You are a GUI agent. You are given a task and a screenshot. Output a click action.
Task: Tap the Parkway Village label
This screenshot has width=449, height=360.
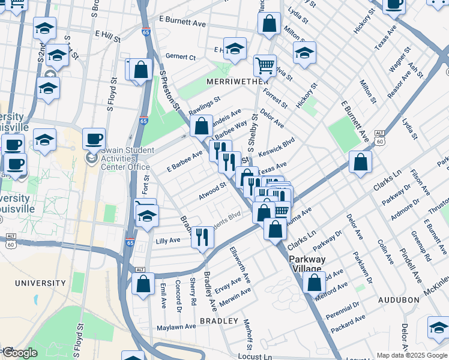point(307,264)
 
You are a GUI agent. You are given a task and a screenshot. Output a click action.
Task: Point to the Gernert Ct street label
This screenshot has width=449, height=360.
point(182,57)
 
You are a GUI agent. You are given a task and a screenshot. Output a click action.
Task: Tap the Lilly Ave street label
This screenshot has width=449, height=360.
point(168,240)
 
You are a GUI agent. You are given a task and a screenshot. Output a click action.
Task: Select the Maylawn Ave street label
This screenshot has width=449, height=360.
point(176,328)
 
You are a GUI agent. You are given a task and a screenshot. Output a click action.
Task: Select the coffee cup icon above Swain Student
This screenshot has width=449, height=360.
point(94,139)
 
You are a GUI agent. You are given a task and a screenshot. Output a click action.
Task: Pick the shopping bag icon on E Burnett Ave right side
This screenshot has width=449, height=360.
point(360,162)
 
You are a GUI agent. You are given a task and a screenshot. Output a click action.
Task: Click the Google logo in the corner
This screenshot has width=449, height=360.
point(20,353)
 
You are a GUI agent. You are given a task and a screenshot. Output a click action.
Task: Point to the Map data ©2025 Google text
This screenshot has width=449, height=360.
point(411,355)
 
